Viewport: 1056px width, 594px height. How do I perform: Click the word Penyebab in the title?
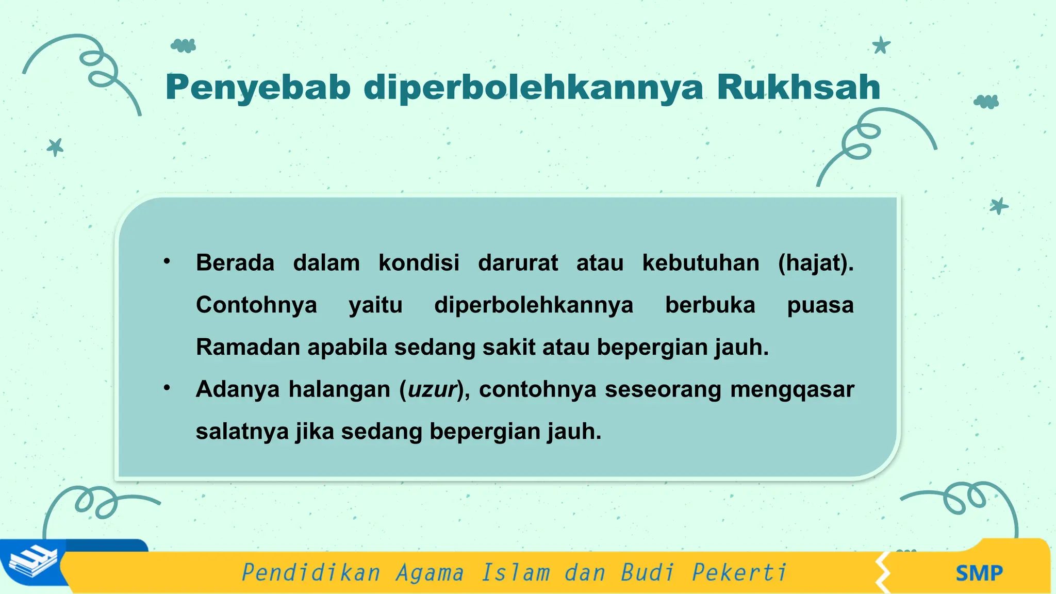click(258, 88)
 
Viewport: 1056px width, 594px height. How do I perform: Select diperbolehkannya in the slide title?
click(534, 88)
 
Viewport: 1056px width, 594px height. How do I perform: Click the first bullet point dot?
click(167, 261)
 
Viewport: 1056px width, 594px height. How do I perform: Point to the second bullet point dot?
click(167, 388)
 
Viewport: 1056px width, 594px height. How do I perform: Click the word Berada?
click(235, 263)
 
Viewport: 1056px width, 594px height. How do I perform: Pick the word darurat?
click(518, 263)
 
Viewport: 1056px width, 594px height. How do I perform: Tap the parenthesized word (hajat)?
click(816, 263)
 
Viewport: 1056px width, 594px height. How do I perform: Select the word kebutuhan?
click(701, 263)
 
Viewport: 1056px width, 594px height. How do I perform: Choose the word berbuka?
click(710, 305)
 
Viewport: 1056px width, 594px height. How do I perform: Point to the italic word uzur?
click(433, 389)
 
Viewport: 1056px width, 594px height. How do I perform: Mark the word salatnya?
click(242, 432)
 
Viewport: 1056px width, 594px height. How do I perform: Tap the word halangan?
click(339, 389)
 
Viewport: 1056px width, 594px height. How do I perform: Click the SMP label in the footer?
click(979, 573)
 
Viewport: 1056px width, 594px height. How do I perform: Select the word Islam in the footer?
click(515, 572)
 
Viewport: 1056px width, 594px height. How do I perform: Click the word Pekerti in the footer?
click(739, 572)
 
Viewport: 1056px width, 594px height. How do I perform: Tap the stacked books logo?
click(34, 563)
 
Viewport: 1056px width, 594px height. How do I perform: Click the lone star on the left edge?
click(55, 147)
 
